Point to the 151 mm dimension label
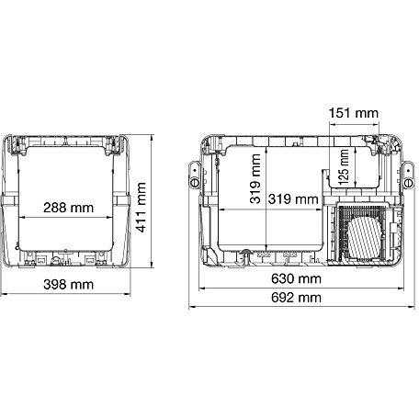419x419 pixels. point(352,114)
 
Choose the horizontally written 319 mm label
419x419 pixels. point(293,198)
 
